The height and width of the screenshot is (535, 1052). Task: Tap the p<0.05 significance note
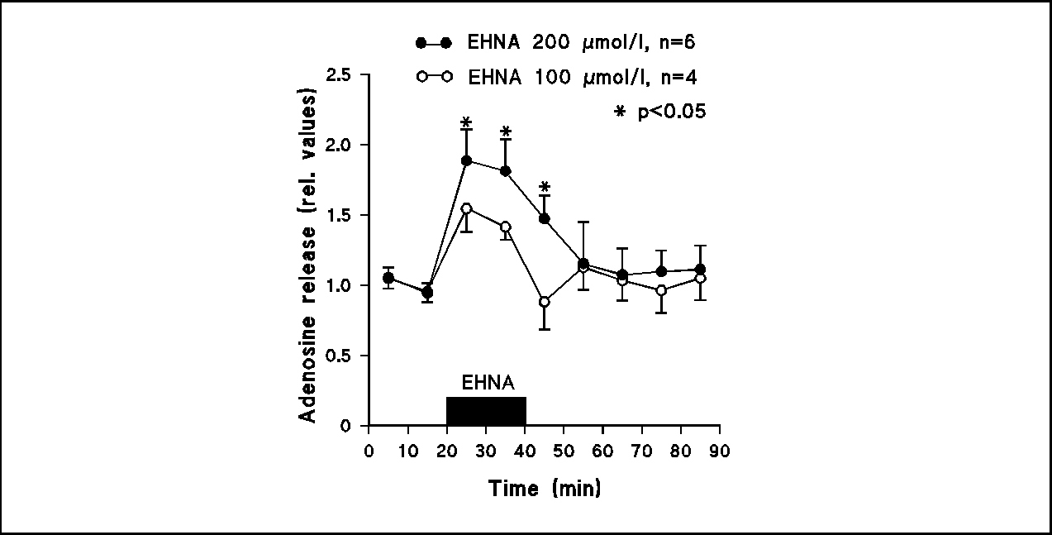click(x=659, y=112)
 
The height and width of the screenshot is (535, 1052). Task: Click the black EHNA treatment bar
click(x=486, y=411)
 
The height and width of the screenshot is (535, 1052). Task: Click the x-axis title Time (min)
click(x=545, y=488)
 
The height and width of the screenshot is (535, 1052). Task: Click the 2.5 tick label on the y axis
click(x=340, y=75)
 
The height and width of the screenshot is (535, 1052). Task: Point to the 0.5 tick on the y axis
click(x=340, y=356)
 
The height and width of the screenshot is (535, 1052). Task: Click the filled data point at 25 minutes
click(x=466, y=160)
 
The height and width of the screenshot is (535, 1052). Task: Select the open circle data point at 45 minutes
click(x=544, y=302)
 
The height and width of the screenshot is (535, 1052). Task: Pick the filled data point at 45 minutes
click(x=544, y=218)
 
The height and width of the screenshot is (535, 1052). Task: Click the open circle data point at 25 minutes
click(x=466, y=208)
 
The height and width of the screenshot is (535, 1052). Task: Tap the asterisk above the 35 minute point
click(x=506, y=132)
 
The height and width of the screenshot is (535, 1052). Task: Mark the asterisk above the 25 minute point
click(x=466, y=124)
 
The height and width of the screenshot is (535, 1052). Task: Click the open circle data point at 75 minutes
click(x=661, y=290)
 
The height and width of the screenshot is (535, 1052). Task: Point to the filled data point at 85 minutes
click(x=700, y=270)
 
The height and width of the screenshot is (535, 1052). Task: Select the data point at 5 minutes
click(x=388, y=278)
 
